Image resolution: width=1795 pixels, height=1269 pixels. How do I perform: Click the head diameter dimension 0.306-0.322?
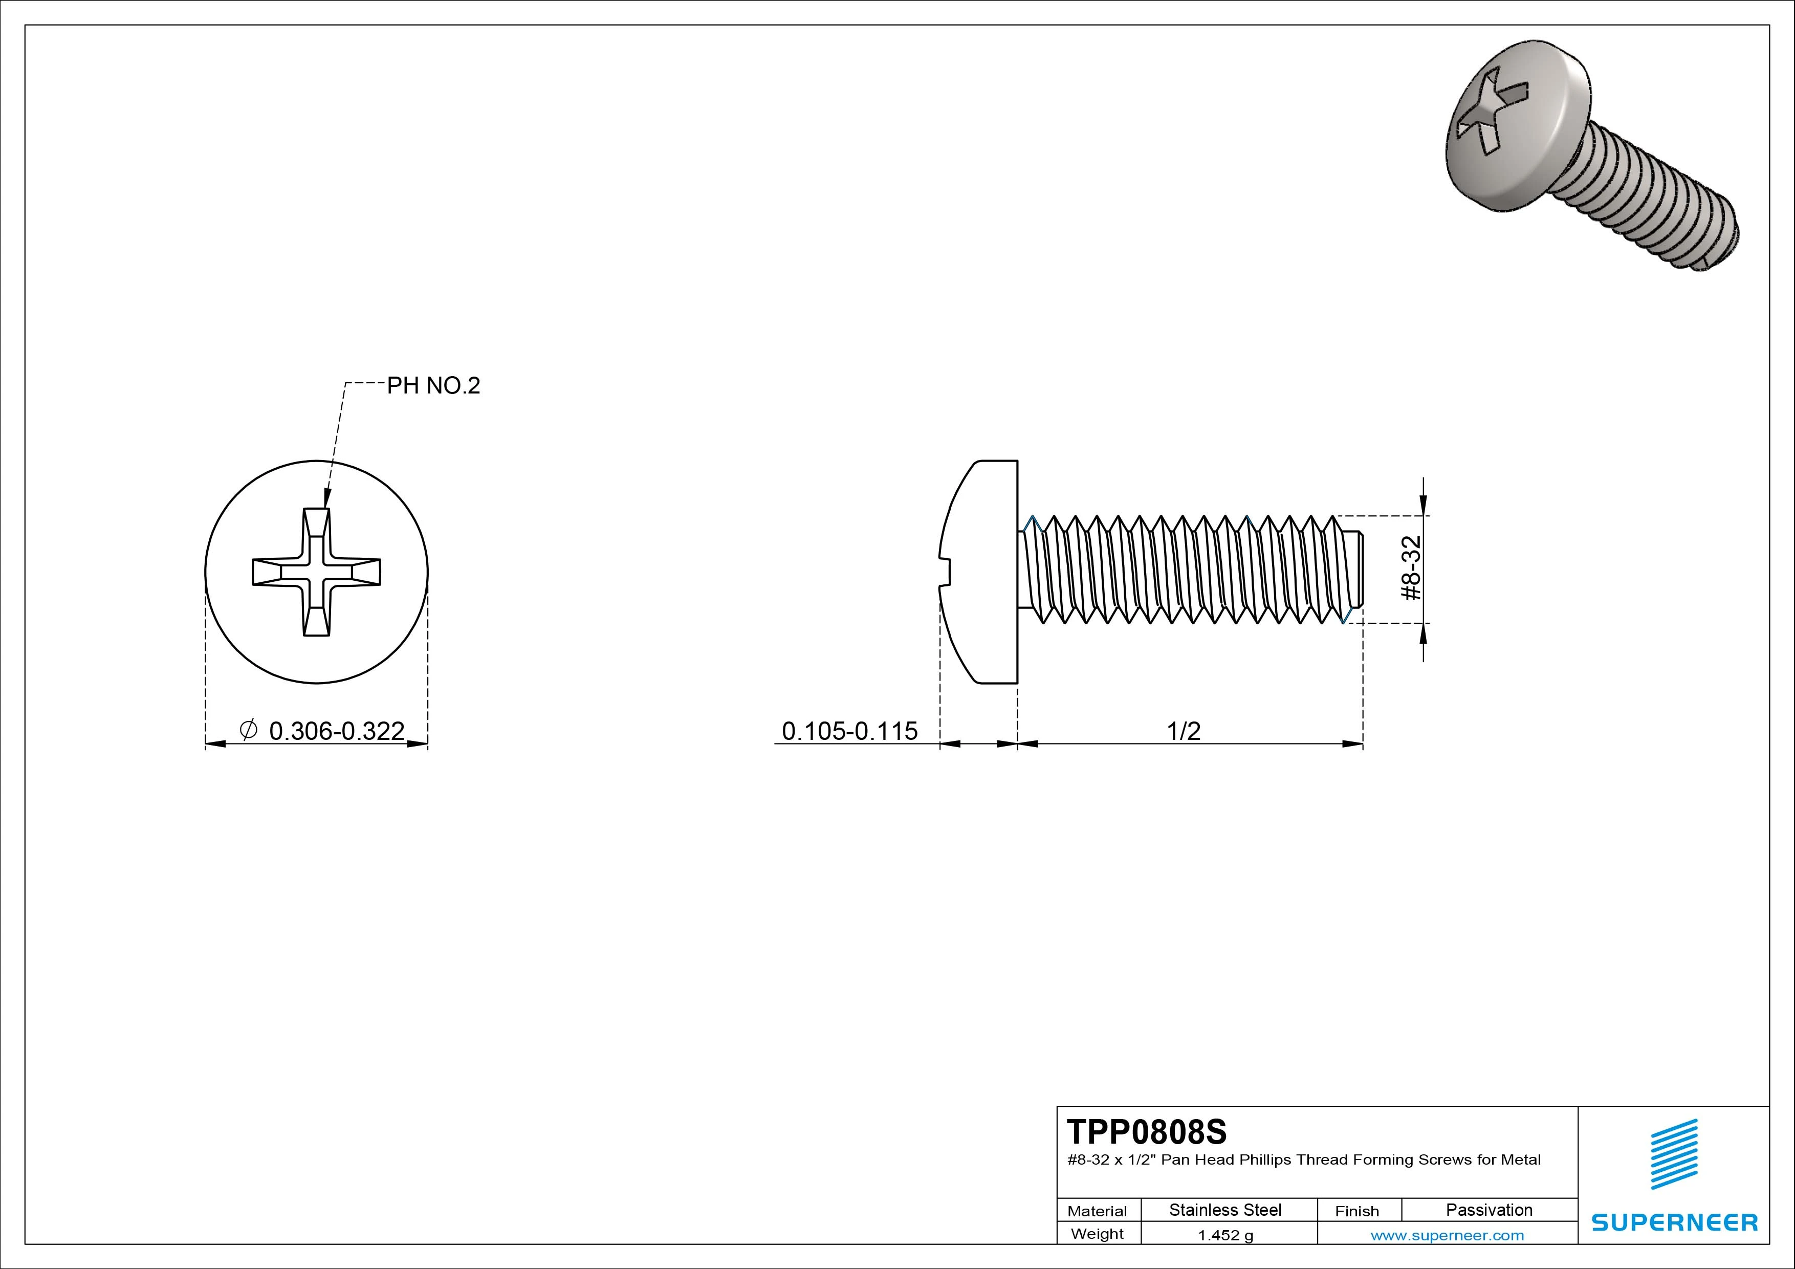pyautogui.click(x=336, y=731)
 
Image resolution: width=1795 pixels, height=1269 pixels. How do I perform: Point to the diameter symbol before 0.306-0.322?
pyautogui.click(x=248, y=730)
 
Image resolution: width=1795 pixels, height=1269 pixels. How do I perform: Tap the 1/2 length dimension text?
pyautogui.click(x=1183, y=731)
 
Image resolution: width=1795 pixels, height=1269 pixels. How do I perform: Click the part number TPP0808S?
pyautogui.click(x=1146, y=1131)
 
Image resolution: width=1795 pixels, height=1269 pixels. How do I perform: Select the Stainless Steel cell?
pyautogui.click(x=1224, y=1210)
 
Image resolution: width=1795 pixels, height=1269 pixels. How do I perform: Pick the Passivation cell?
pyautogui.click(x=1488, y=1210)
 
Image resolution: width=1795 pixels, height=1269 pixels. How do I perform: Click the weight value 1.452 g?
pyautogui.click(x=1225, y=1235)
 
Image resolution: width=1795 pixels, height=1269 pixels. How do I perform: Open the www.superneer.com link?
pyautogui.click(x=1447, y=1235)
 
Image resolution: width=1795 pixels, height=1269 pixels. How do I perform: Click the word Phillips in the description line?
pyautogui.click(x=1265, y=1159)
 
